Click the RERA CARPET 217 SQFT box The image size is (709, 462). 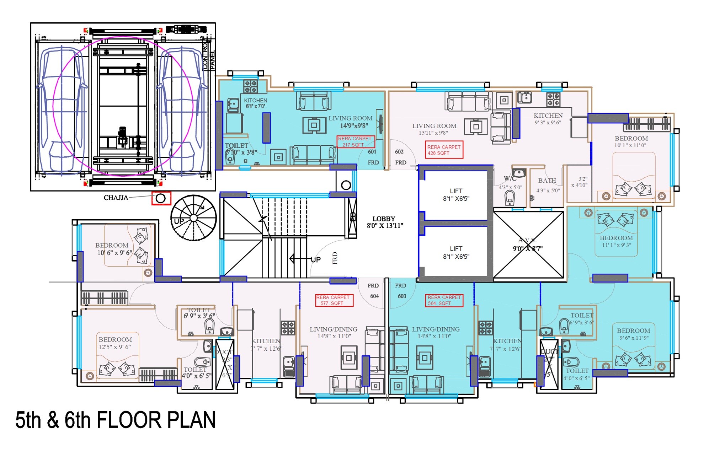point(356,142)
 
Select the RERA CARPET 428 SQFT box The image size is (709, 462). point(444,150)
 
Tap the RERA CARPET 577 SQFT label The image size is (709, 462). point(334,300)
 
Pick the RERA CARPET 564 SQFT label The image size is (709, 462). point(444,300)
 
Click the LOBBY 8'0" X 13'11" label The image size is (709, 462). point(384,222)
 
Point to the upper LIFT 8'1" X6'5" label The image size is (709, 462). point(456,195)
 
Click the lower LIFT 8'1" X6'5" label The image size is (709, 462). point(456,253)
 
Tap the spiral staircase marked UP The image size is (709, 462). point(193,218)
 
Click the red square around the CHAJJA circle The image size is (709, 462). point(161,198)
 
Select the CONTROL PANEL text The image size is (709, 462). point(209,57)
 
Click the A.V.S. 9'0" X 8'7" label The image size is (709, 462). point(528,245)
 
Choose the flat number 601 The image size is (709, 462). point(372,152)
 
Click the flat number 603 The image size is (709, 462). point(402,296)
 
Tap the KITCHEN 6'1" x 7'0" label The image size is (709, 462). point(255,103)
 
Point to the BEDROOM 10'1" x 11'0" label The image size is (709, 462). point(631,141)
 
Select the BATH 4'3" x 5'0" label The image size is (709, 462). point(548,185)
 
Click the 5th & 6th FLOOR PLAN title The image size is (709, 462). point(116,420)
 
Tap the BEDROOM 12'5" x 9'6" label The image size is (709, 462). point(115,343)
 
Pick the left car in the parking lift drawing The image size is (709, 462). point(62,110)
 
